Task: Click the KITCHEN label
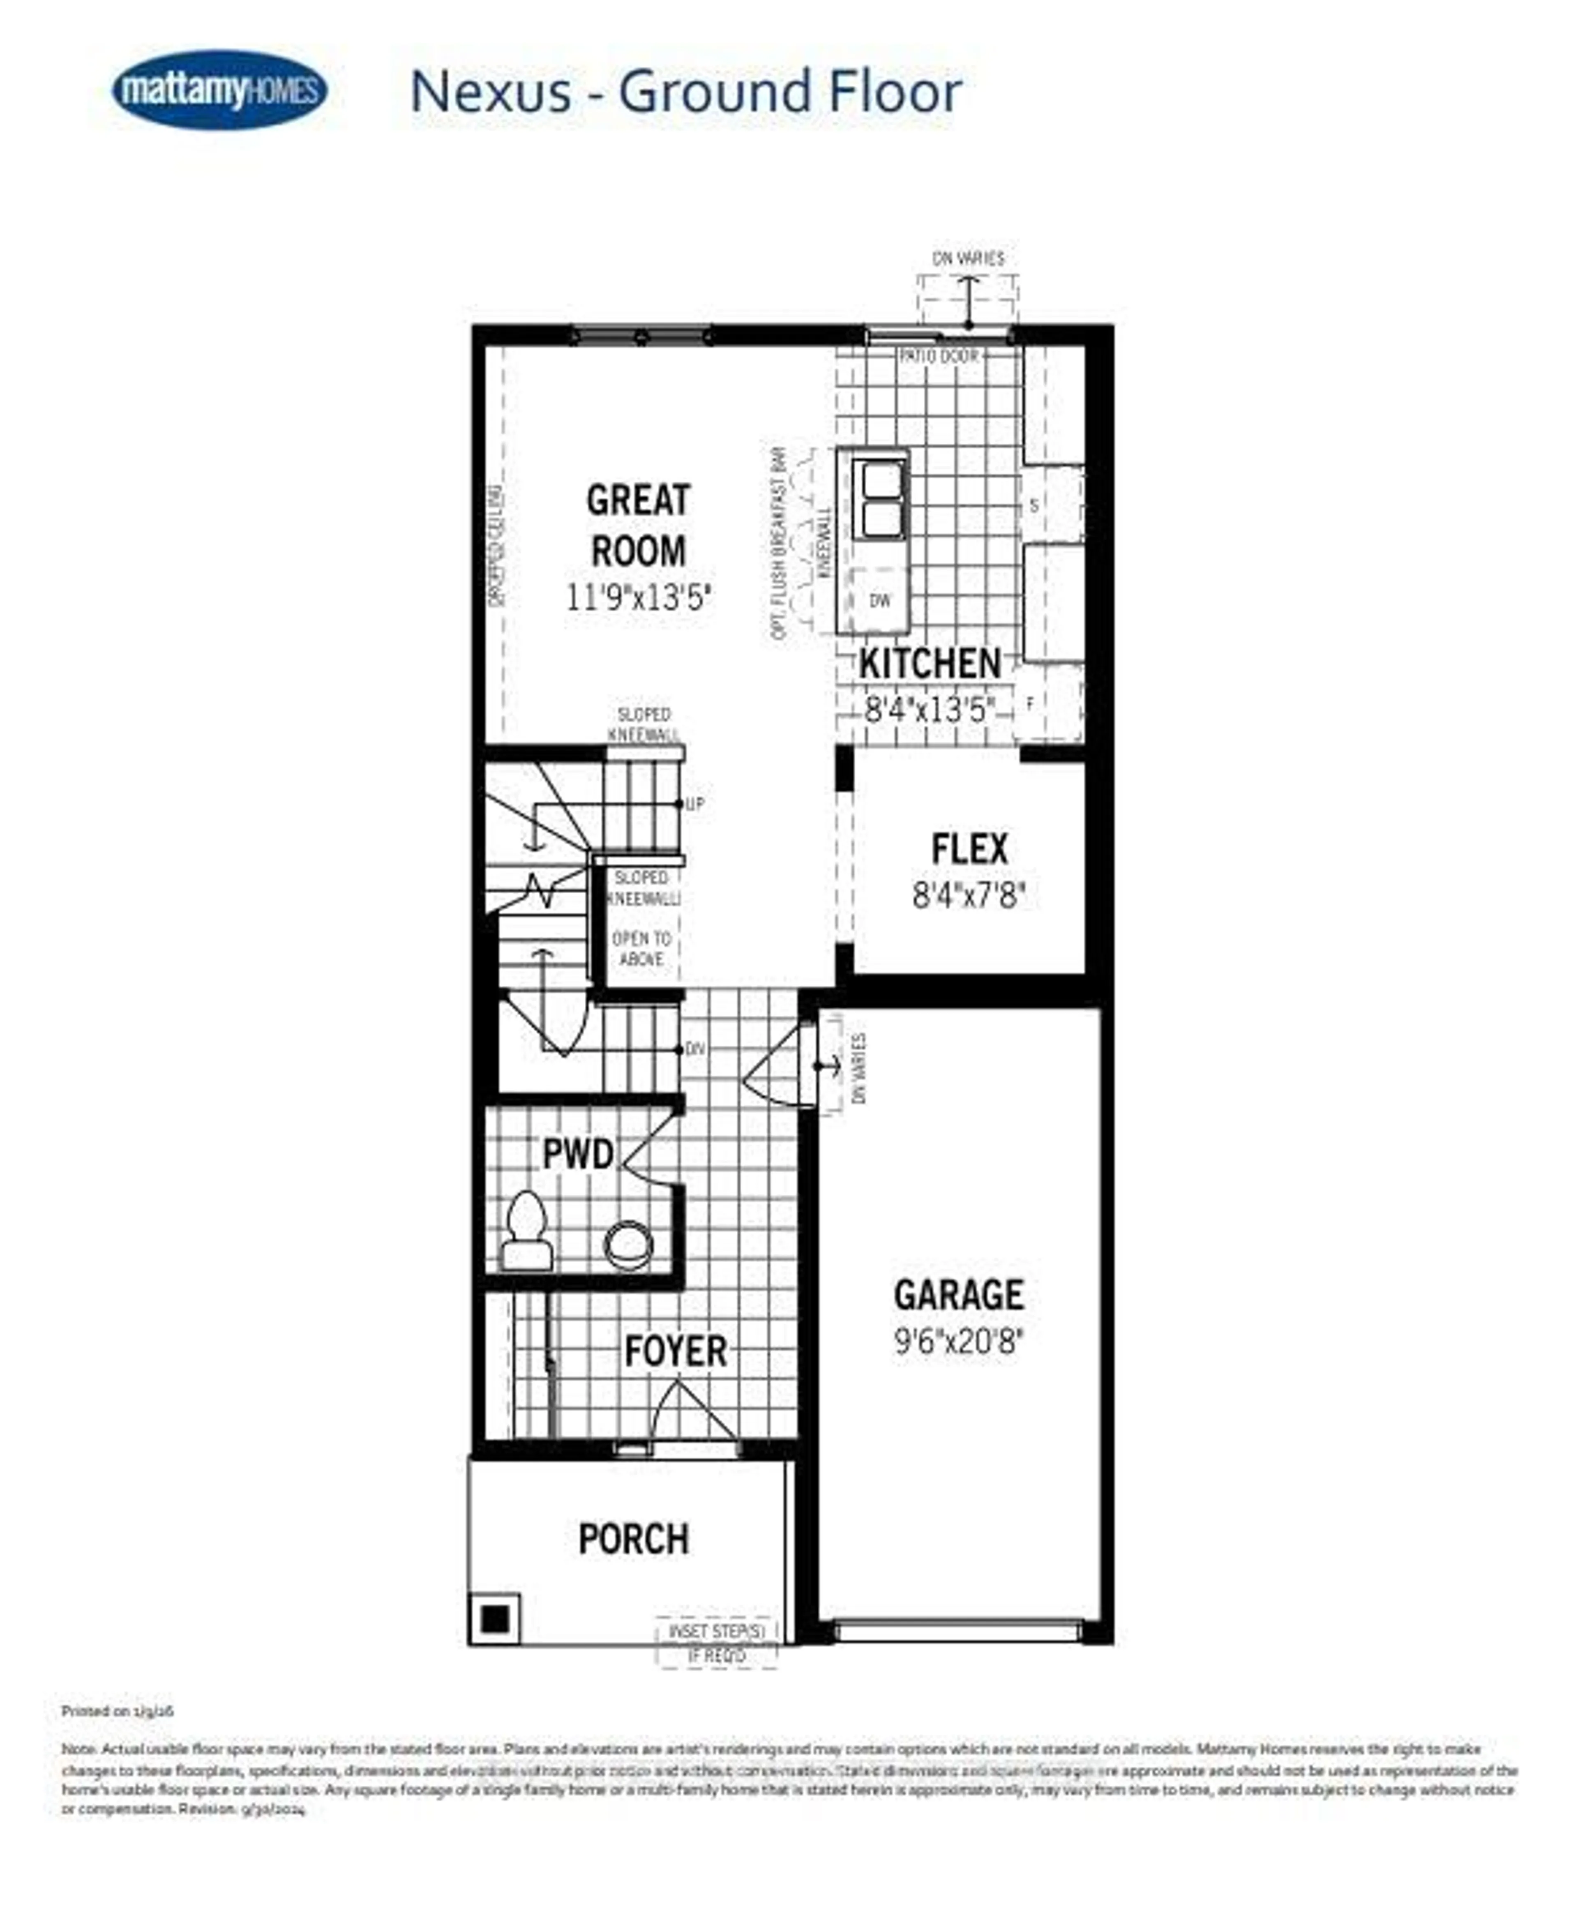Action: pos(930,664)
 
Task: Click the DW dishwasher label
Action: pos(879,601)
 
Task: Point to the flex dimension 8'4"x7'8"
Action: pos(969,897)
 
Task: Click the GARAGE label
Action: pos(959,1295)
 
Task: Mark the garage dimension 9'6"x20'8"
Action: pos(959,1342)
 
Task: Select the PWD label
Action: pos(578,1155)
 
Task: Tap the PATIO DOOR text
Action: pos(938,356)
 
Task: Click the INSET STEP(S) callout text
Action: pos(717,1632)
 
